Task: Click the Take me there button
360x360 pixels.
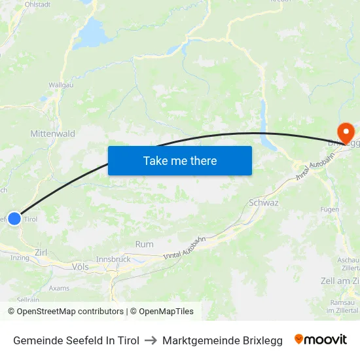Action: tap(180, 160)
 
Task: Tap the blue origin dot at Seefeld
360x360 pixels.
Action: tap(14, 219)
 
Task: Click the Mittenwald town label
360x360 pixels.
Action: tap(52, 134)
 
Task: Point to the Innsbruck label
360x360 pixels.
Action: tap(113, 259)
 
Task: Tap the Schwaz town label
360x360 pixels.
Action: tap(264, 203)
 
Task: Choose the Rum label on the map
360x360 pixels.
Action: tap(144, 244)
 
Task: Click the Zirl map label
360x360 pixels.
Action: tap(41, 252)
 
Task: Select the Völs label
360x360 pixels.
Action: tap(81, 267)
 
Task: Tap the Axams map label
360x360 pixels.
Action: tap(59, 287)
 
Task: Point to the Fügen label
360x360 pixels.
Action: tap(329, 209)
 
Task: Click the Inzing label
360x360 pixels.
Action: tap(20, 258)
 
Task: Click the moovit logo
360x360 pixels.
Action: tap(321, 340)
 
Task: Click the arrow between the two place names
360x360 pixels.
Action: tap(151, 340)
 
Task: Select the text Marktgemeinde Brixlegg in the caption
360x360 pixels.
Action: tap(223, 340)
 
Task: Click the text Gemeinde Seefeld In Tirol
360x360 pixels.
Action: tap(76, 340)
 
